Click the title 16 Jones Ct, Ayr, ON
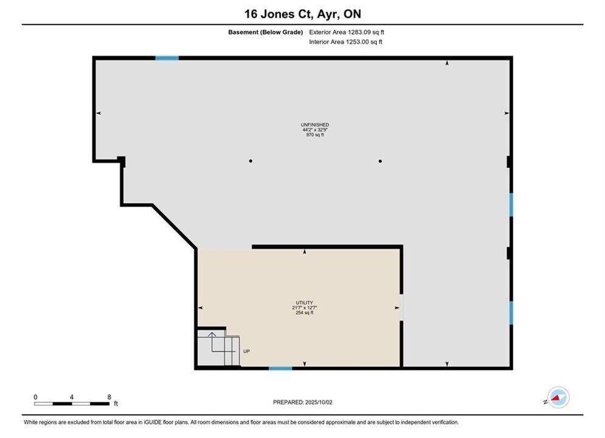click(303, 14)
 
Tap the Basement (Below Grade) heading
click(266, 32)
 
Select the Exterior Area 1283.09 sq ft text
click(347, 32)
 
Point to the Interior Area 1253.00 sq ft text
click(345, 42)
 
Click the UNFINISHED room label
click(315, 125)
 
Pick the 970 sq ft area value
click(315, 134)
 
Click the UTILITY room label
click(305, 302)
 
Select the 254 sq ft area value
click(305, 313)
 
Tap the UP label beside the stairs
click(246, 351)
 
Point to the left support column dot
click(251, 161)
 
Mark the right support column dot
click(380, 161)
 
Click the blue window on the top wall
click(167, 58)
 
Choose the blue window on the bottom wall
click(280, 369)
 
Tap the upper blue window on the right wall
click(511, 205)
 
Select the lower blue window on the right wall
click(511, 313)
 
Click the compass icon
click(558, 397)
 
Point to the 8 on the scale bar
click(109, 397)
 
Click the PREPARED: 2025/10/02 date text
click(303, 402)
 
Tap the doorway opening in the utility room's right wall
click(401, 308)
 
